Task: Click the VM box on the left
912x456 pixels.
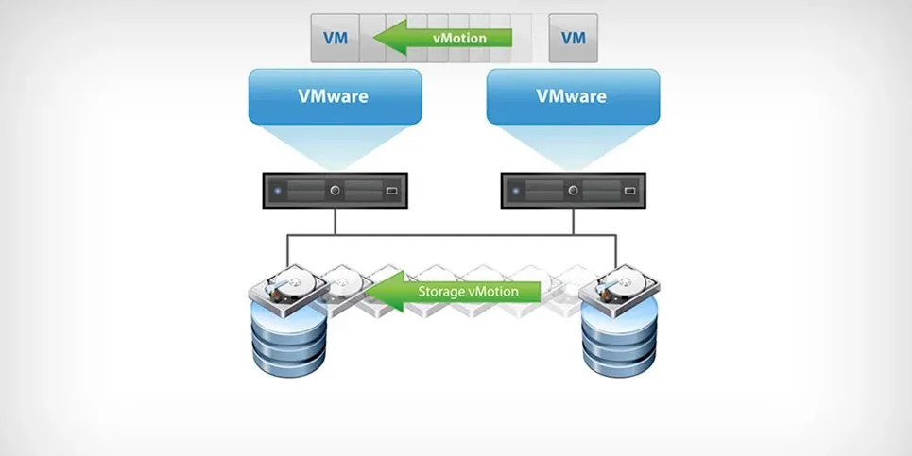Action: (335, 39)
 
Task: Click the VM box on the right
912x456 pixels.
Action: (573, 39)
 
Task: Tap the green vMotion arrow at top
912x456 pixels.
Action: (444, 39)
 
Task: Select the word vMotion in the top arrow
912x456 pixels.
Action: (459, 39)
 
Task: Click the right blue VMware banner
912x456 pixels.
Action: (573, 96)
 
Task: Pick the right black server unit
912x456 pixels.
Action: (573, 191)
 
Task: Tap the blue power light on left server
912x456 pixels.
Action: (278, 191)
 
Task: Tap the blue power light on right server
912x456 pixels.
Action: (515, 191)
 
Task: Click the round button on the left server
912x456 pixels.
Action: (335, 191)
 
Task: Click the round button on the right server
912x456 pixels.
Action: (573, 191)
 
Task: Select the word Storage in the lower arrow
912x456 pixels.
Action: (440, 292)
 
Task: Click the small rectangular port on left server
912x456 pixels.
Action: (392, 192)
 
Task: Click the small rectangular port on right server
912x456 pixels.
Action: (629, 192)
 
